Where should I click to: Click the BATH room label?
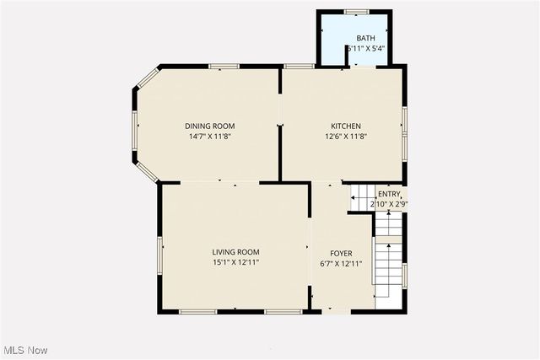pos(365,39)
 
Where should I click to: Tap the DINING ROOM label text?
pos(210,126)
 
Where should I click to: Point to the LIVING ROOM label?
pos(235,252)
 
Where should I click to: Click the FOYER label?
pos(341,253)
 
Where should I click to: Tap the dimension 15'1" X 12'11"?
pos(235,262)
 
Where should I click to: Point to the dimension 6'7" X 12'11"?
pos(341,263)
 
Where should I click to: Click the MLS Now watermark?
pos(24,350)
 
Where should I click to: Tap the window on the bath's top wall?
pos(357,11)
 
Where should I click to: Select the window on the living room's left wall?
pos(159,254)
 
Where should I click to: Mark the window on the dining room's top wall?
pos(224,66)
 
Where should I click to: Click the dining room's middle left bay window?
pos(134,132)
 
